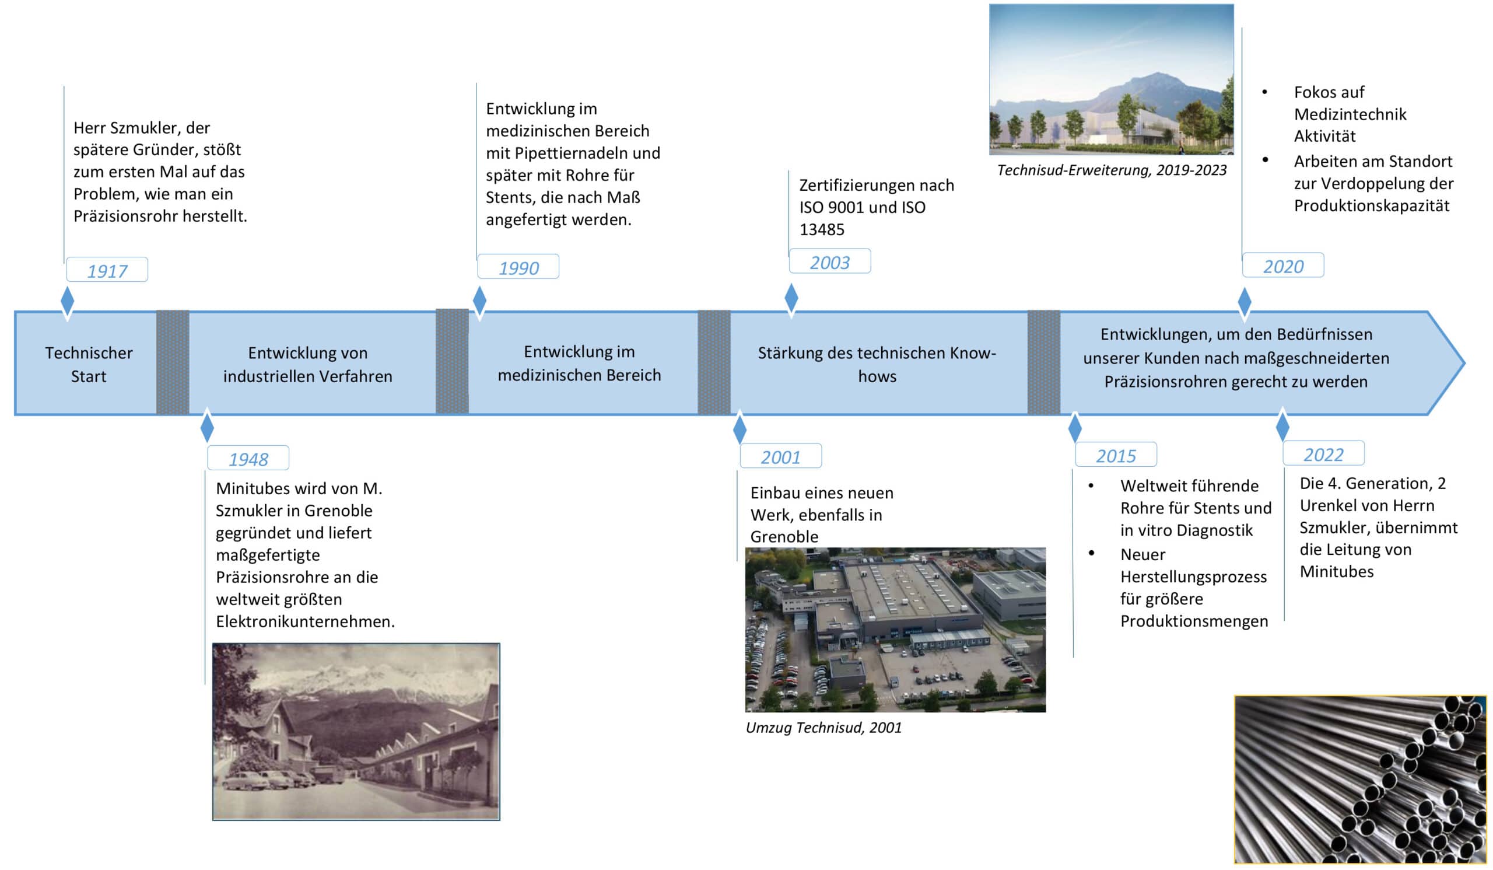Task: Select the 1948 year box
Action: tap(248, 458)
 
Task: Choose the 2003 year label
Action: tap(830, 261)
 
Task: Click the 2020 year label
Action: tap(1283, 265)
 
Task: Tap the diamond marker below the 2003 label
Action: tap(791, 300)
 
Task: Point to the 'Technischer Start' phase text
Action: tap(89, 365)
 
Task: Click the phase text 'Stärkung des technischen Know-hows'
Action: tap(877, 365)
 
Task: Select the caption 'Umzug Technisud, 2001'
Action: tap(823, 728)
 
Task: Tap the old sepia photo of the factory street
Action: tap(356, 731)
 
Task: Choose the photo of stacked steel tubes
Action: tap(1360, 780)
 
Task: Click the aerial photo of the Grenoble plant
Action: tap(895, 630)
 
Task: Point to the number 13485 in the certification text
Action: tap(822, 230)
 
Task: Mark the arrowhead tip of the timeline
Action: tap(1464, 362)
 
